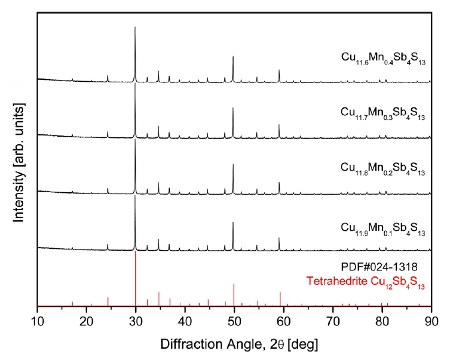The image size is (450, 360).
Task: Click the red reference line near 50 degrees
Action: (x=234, y=294)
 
